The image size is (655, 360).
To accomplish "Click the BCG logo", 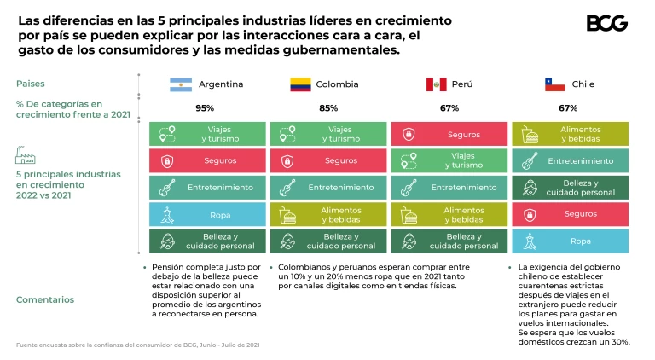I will (606, 23).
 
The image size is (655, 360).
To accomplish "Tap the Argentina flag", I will (181, 84).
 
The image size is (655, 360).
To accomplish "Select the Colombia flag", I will (300, 84).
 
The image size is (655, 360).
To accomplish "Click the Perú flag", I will (436, 84).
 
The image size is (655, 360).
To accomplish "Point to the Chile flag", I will (555, 84).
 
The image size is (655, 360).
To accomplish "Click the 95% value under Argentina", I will (205, 108).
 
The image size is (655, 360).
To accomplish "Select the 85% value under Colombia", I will (328, 108).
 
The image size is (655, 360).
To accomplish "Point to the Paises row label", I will (31, 84).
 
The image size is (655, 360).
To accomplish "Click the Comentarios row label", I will (45, 299).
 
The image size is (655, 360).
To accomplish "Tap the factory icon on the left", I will (25, 154).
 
